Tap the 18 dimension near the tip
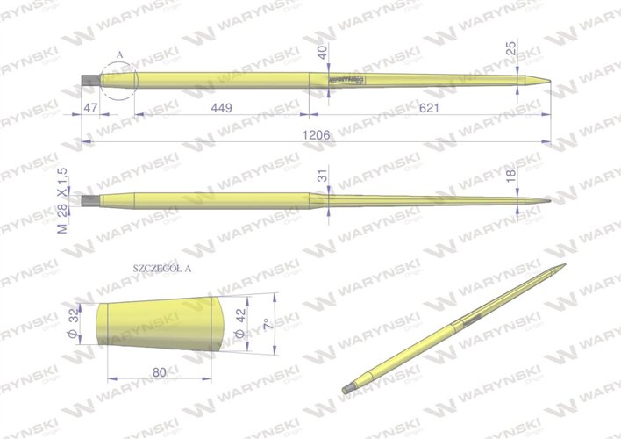511,179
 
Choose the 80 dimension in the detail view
159,372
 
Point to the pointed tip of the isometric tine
561,266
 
